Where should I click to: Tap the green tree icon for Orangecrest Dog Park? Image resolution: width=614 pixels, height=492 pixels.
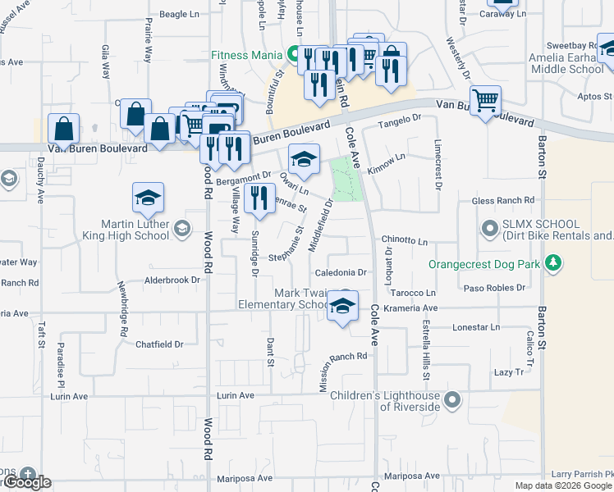tap(555, 262)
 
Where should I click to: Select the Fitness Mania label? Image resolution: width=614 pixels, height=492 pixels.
tap(245, 56)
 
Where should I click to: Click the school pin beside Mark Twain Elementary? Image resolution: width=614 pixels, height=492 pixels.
tap(343, 307)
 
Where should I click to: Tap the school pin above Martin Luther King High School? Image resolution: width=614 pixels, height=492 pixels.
tap(148, 198)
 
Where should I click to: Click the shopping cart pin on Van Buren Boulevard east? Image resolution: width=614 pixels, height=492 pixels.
tap(486, 101)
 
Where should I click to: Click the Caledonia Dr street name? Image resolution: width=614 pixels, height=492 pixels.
tap(340, 272)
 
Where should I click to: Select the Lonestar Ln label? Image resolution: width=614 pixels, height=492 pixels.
tap(471, 327)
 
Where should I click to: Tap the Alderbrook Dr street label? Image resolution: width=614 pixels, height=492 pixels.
tap(172, 280)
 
